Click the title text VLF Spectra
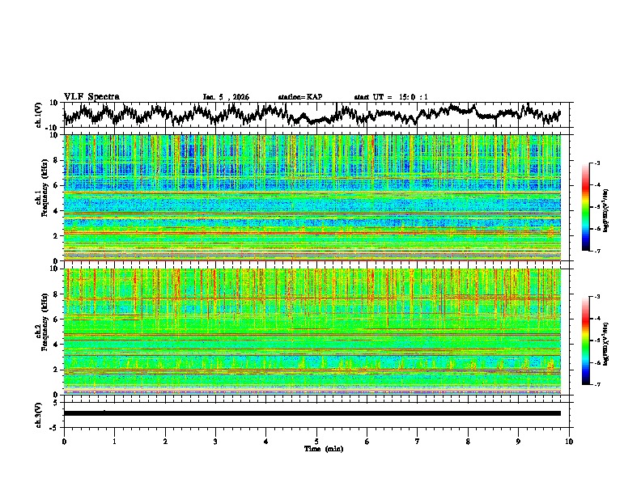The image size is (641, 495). point(91,97)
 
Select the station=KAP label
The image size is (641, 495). point(299,97)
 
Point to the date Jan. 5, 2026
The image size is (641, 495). point(226,97)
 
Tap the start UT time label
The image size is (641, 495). point(391,97)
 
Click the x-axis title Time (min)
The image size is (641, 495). point(316,448)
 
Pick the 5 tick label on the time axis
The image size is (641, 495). point(316,441)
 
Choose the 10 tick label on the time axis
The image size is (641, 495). point(569,441)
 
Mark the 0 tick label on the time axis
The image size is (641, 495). point(64,441)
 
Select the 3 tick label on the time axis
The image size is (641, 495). point(215,441)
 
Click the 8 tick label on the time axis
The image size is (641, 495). point(468,441)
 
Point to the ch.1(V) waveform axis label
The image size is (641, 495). point(39,115)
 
